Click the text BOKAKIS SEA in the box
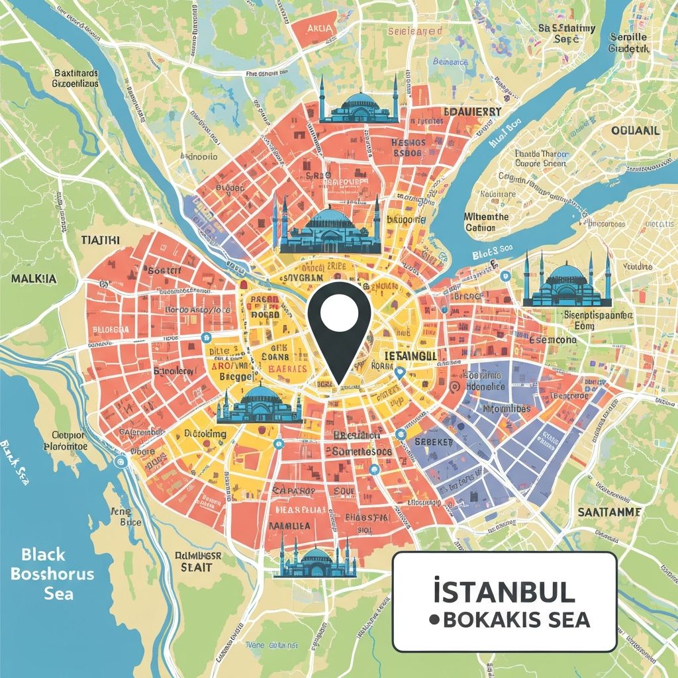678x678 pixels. (516, 620)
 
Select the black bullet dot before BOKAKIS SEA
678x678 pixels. (434, 620)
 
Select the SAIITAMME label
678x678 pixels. (608, 512)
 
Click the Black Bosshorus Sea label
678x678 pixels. (52, 573)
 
